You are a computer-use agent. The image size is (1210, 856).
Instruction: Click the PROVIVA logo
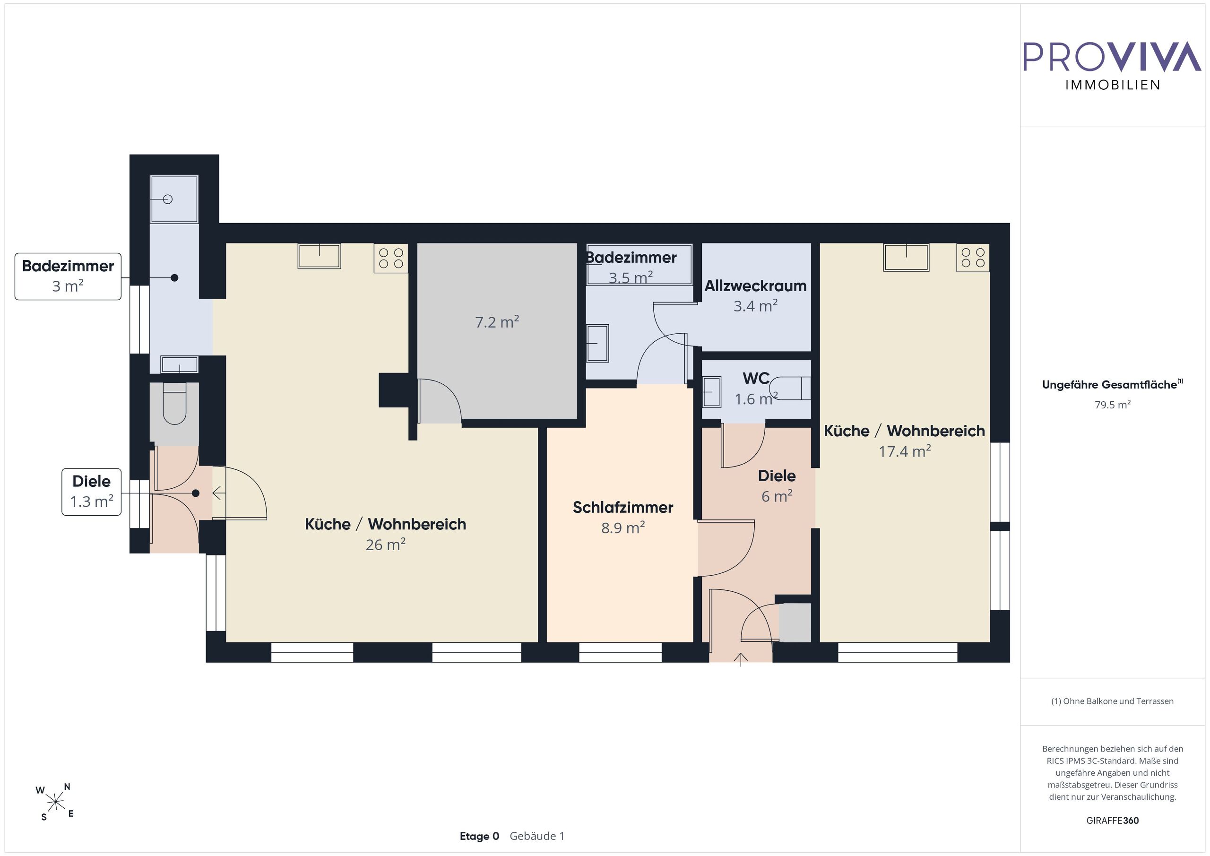pos(1113,66)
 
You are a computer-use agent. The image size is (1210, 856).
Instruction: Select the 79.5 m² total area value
pos(1113,405)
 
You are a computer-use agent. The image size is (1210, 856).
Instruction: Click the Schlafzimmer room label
pos(623,507)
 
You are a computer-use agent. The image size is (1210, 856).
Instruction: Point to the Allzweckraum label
pos(756,285)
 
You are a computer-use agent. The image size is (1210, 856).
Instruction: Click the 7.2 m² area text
pos(497,321)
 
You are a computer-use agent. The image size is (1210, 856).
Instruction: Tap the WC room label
pos(756,378)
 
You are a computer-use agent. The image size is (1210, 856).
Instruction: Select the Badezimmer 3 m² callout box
pos(68,277)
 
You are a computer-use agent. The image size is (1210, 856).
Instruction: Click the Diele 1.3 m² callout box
pos(92,492)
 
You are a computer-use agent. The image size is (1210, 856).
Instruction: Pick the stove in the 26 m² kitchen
pos(391,258)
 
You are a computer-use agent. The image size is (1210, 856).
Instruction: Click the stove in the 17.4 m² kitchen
pos(973,258)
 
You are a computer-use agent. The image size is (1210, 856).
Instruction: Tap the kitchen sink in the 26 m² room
pos(320,256)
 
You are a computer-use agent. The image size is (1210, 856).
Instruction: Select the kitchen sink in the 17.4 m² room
pos(907,257)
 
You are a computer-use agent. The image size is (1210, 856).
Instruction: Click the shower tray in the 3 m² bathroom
pos(174,199)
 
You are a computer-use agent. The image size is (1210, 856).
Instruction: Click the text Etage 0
pos(480,836)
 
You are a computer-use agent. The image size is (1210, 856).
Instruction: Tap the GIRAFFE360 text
pos(1113,820)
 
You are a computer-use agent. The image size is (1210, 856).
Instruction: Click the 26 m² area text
pos(386,545)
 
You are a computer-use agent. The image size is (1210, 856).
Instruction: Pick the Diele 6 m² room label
pos(777,485)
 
